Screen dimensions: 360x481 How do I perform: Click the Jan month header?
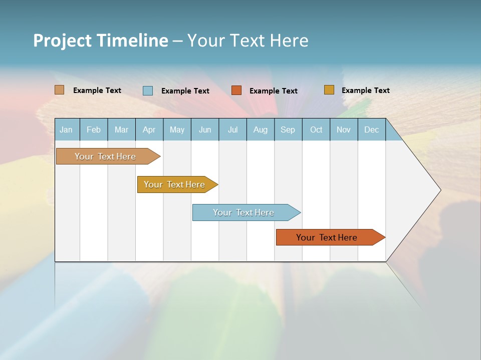click(66, 130)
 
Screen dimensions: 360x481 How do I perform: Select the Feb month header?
click(94, 130)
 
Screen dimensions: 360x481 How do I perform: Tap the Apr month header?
click(149, 130)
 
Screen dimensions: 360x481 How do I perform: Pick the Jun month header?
click(205, 130)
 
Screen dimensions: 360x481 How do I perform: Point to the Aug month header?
click(260, 130)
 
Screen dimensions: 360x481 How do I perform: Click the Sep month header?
click(288, 130)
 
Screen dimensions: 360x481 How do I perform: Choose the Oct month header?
click(316, 130)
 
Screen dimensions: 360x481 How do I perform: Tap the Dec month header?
click(371, 130)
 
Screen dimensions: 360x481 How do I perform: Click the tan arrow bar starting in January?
click(105, 156)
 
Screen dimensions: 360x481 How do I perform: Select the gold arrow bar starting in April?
click(174, 184)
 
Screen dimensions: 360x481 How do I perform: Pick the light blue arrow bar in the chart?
click(244, 212)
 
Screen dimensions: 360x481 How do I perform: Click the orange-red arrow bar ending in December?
click(327, 237)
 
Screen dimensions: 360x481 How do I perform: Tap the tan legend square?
click(59, 90)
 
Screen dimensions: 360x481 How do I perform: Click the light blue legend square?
click(148, 90)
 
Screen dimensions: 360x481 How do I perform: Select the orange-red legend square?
click(236, 90)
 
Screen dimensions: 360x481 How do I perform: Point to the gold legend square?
click(329, 90)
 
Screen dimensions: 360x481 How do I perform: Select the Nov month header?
click(344, 130)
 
